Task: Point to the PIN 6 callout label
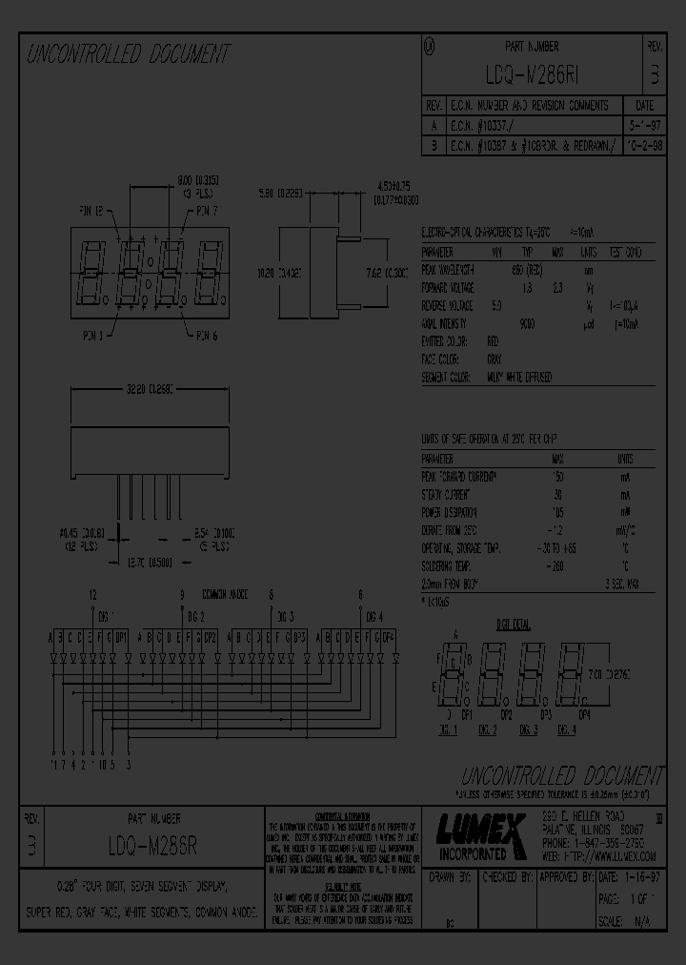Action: (x=208, y=335)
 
